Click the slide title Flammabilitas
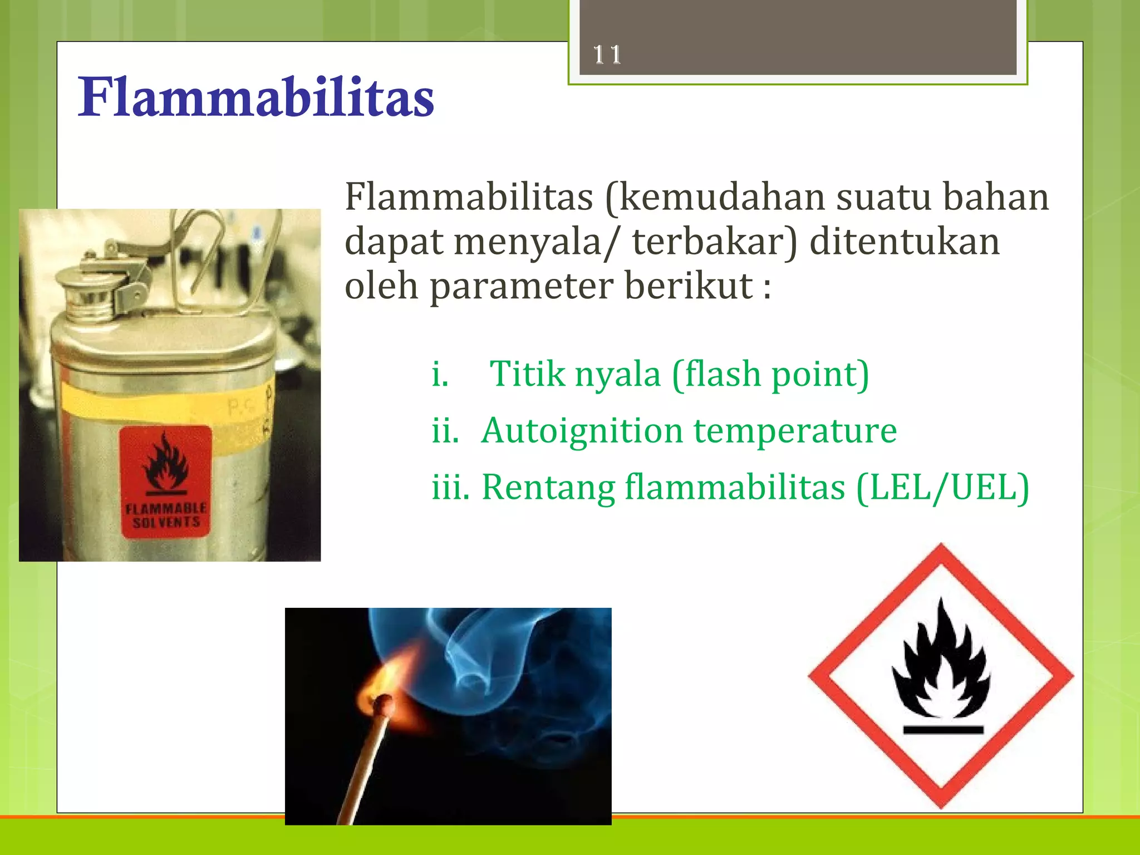pyautogui.click(x=255, y=98)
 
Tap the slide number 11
pyautogui.click(x=606, y=55)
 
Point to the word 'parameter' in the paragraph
pyautogui.click(x=520, y=287)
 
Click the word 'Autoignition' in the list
pyautogui.click(x=582, y=431)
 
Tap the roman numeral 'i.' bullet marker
pyautogui.click(x=440, y=374)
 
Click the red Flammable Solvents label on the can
pyautogui.click(x=165, y=481)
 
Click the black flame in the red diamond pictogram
pyautogui.click(x=941, y=662)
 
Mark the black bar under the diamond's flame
pyautogui.click(x=943, y=730)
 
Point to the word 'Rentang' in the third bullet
pyautogui.click(x=548, y=488)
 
